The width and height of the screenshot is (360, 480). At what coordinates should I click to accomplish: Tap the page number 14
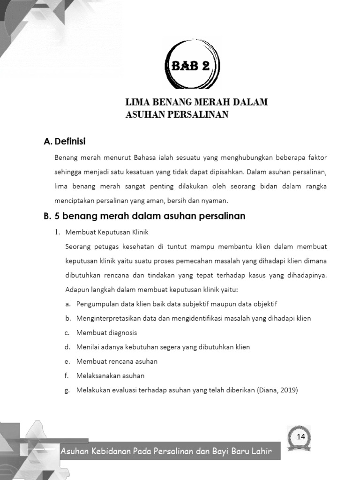point(300,437)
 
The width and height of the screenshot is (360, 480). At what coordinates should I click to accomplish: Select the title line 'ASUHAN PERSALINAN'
point(177,114)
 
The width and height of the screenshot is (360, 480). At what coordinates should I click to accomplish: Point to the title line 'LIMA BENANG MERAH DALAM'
point(196,102)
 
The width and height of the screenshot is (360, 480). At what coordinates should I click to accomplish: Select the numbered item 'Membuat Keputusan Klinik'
point(107,232)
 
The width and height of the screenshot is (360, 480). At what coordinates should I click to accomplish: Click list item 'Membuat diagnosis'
point(107,333)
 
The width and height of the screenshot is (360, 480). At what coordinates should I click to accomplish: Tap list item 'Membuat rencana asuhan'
point(117,361)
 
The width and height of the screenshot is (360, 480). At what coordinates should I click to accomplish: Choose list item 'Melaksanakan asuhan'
point(110,375)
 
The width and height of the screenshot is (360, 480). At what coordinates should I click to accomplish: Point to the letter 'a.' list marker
point(68,304)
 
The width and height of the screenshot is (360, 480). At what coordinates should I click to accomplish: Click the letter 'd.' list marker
point(68,347)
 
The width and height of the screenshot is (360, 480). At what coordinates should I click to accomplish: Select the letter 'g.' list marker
point(68,390)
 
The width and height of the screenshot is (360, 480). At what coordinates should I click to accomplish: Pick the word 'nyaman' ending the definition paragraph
point(215,201)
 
